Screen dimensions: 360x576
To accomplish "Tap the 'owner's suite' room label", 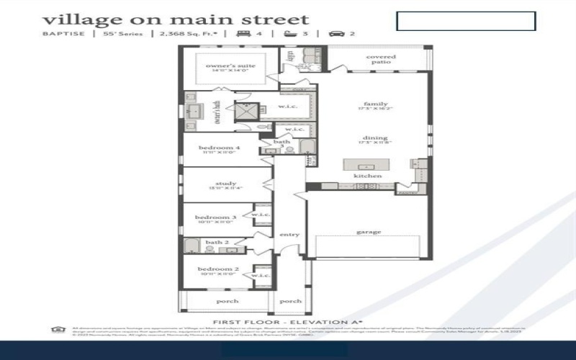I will pos(226,68).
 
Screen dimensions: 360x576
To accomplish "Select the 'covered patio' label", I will pos(381,59).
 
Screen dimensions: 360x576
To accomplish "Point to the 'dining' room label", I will pos(375,138).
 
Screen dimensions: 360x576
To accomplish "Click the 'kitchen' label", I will pos(367,176).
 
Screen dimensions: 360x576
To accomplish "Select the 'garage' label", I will pos(369,232).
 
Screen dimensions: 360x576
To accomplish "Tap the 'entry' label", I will pos(289,234).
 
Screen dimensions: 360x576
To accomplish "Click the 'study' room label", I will pos(225,184).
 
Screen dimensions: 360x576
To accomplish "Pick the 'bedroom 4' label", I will pos(220,148).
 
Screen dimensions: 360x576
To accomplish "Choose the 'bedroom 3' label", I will pos(215,217).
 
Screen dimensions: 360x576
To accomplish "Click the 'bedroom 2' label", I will pos(215,271).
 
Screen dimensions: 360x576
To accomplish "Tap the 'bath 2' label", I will pos(217,243).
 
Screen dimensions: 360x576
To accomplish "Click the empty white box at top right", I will pos(466,21).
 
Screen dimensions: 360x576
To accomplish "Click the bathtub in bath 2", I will pos(192,248).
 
